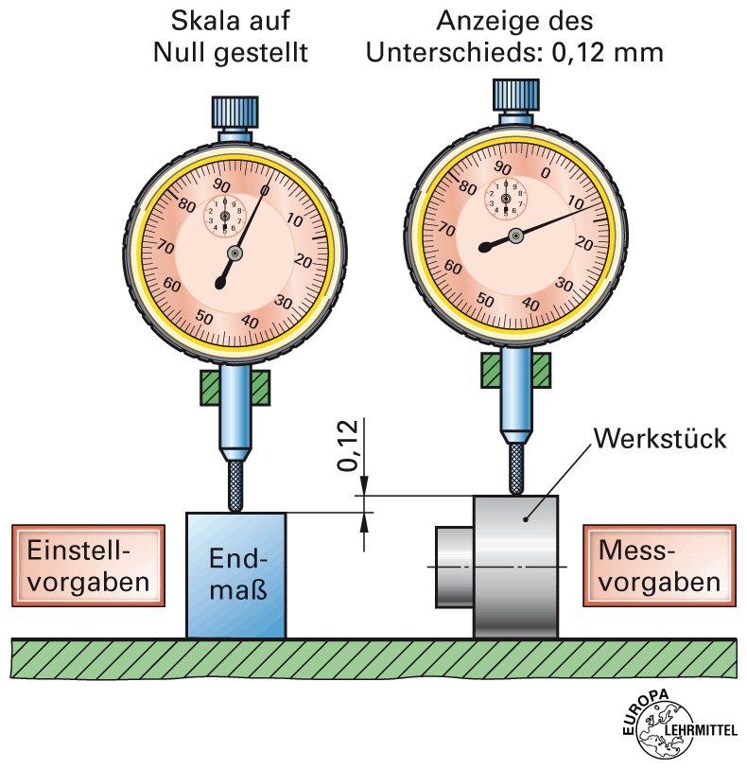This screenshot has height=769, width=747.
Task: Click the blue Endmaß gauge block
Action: pyautogui.click(x=236, y=574)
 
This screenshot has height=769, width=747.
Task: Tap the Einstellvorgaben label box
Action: pyautogui.click(x=88, y=565)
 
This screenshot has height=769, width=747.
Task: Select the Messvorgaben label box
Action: pyautogui.click(x=659, y=565)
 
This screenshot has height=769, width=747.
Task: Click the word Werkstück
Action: pyautogui.click(x=660, y=439)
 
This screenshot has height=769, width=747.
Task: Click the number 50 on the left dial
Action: pyautogui.click(x=202, y=317)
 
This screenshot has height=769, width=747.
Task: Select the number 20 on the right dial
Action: pyautogui.click(x=583, y=244)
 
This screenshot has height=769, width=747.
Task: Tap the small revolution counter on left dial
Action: pyautogui.click(x=224, y=214)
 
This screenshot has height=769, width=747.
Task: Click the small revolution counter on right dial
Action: pyautogui.click(x=503, y=197)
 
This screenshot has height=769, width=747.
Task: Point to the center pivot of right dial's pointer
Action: pyautogui.click(x=515, y=236)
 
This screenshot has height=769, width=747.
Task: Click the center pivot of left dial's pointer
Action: pyautogui.click(x=234, y=253)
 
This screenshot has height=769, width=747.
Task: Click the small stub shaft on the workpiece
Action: pyautogui.click(x=453, y=566)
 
